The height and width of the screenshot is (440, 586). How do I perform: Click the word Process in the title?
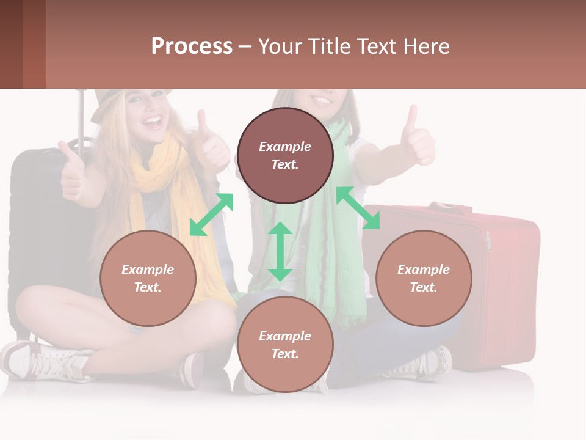pyautogui.click(x=192, y=46)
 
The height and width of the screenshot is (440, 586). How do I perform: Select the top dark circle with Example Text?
pyautogui.click(x=285, y=155)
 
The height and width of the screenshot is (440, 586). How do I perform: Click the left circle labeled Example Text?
pyautogui.click(x=148, y=278)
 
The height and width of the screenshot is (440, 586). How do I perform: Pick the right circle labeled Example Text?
pyautogui.click(x=424, y=278)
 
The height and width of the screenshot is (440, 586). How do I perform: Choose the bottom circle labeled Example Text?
pyautogui.click(x=285, y=345)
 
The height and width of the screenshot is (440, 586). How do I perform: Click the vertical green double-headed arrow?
pyautogui.click(x=280, y=251)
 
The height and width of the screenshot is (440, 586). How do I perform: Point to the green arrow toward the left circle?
pyautogui.click(x=211, y=214)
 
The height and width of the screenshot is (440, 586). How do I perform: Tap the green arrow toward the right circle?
pyautogui.click(x=358, y=208)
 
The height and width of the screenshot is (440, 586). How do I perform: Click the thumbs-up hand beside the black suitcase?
pyautogui.click(x=72, y=174)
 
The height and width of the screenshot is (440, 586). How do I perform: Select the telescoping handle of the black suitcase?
pyautogui.click(x=80, y=116)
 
